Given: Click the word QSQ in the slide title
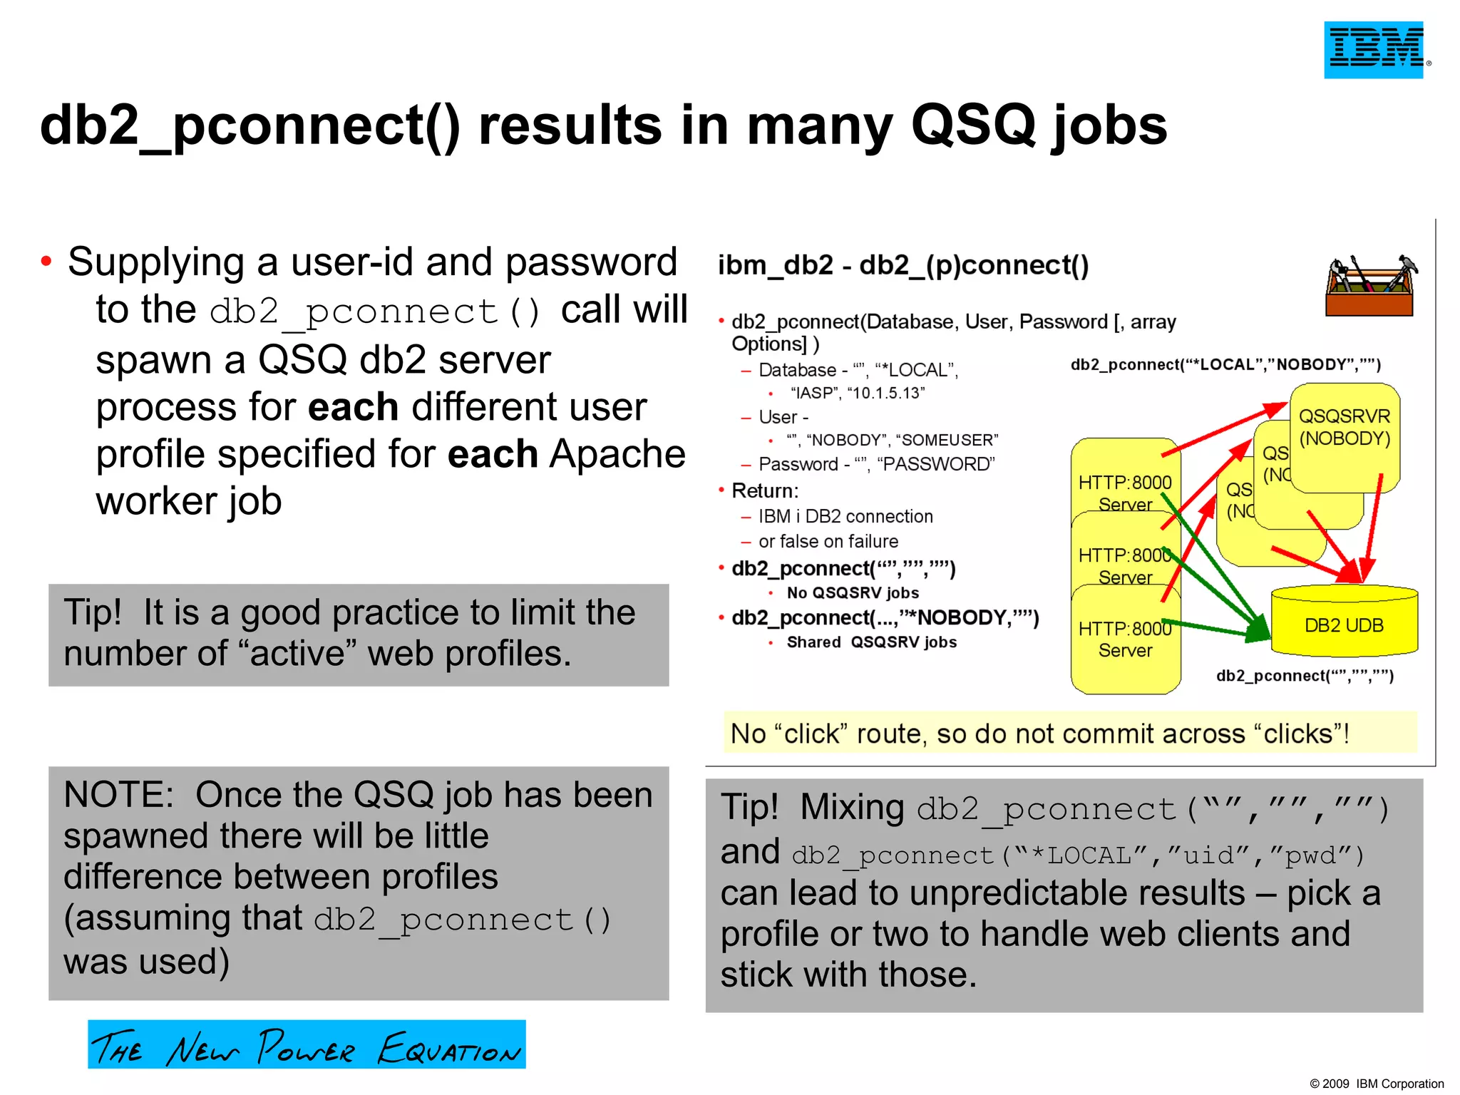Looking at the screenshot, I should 972,125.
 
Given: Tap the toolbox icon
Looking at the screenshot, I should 1371,285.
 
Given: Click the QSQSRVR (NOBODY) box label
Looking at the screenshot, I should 1345,427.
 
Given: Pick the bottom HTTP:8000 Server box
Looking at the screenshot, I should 1125,639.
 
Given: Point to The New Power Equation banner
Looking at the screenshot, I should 307,1044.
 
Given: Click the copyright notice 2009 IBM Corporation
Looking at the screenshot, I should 1376,1084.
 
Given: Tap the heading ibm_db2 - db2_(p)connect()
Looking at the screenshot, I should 903,265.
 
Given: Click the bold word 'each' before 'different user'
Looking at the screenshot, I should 353,407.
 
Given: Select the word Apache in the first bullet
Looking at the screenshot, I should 617,454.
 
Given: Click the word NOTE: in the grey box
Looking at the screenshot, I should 118,795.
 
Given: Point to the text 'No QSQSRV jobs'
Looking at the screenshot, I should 853,593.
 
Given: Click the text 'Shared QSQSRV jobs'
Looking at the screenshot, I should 871,642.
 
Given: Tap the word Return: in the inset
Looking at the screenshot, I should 765,490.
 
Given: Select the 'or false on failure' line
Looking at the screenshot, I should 828,542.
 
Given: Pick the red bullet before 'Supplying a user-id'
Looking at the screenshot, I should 46,262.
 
